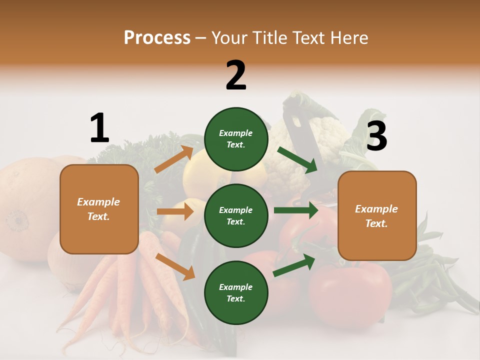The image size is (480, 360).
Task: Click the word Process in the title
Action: coord(157,37)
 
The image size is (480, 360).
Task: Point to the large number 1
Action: coord(99,128)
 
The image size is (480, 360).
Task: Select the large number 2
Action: coord(236,75)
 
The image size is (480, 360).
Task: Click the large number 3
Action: coord(376,136)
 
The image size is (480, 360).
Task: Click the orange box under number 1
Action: coord(99,209)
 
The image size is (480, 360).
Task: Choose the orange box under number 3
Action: coord(377,215)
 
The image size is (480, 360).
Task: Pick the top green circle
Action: coord(236,139)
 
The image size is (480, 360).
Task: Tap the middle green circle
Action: coord(236,215)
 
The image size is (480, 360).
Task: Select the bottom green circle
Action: coord(236,292)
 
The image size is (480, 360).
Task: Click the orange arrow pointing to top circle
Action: coord(174,159)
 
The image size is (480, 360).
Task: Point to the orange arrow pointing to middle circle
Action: coord(175,211)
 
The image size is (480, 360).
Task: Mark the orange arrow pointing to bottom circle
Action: coord(175,266)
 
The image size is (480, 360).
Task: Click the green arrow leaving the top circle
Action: coord(297,159)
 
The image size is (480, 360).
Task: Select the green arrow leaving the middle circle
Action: coord(295,210)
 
